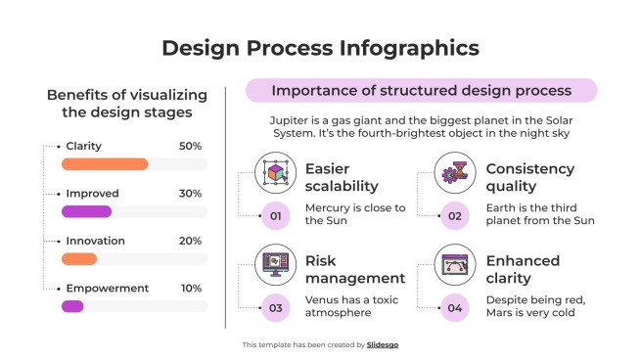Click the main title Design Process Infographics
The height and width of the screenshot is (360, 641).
tap(320, 48)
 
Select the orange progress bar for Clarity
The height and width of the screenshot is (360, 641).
tap(105, 164)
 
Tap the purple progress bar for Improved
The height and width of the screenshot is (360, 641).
tap(87, 211)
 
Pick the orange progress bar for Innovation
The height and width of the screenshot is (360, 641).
tap(79, 259)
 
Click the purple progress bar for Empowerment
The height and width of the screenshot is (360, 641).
tap(72, 306)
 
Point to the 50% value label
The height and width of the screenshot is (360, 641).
tap(190, 146)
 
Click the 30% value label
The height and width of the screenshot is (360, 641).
tap(190, 194)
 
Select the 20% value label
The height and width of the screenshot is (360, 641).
tap(190, 241)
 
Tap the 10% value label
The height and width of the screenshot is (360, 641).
tap(190, 288)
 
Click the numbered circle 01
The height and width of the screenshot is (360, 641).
tap(275, 215)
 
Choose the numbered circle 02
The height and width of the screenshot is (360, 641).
tap(455, 215)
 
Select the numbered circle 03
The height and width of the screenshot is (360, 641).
tap(275, 308)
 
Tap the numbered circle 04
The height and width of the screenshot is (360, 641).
tap(455, 308)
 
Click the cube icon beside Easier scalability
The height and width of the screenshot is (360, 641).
tap(275, 173)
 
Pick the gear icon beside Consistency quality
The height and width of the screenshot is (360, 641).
tap(455, 173)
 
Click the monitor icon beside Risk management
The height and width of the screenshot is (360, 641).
tap(275, 265)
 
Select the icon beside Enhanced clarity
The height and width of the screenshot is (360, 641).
tap(455, 265)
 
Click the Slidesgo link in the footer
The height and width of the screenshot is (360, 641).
tap(383, 345)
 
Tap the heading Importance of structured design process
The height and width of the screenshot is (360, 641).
tap(421, 91)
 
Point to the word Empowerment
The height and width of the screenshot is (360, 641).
tap(107, 288)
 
